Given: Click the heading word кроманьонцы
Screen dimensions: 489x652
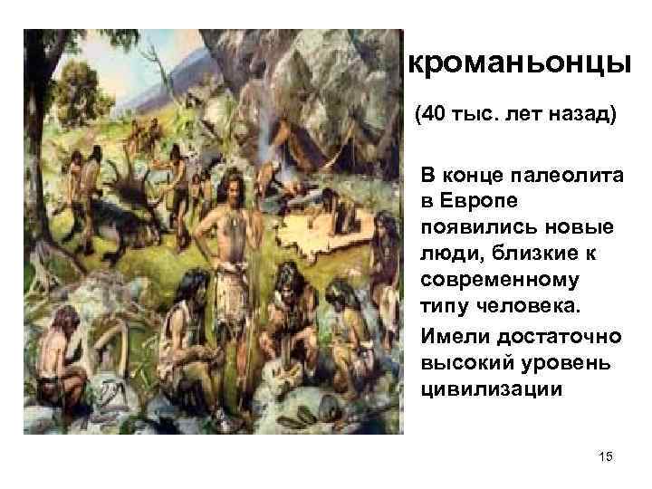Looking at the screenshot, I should [519, 63].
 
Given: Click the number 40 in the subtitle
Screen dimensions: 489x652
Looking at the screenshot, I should [434, 116].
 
